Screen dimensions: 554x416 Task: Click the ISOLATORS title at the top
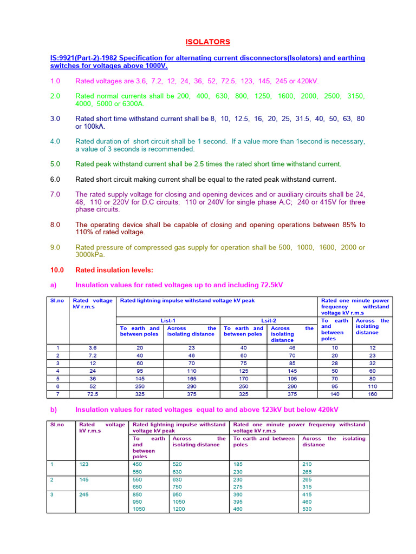click(208, 42)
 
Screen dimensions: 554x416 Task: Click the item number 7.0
click(55, 194)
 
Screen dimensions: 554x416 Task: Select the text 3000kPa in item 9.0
click(90, 255)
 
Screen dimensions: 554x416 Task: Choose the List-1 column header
click(168, 320)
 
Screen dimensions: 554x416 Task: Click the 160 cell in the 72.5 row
click(372, 394)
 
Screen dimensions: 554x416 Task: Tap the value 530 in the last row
click(307, 509)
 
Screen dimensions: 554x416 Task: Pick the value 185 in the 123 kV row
click(238, 464)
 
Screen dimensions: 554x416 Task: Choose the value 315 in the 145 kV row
click(307, 486)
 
